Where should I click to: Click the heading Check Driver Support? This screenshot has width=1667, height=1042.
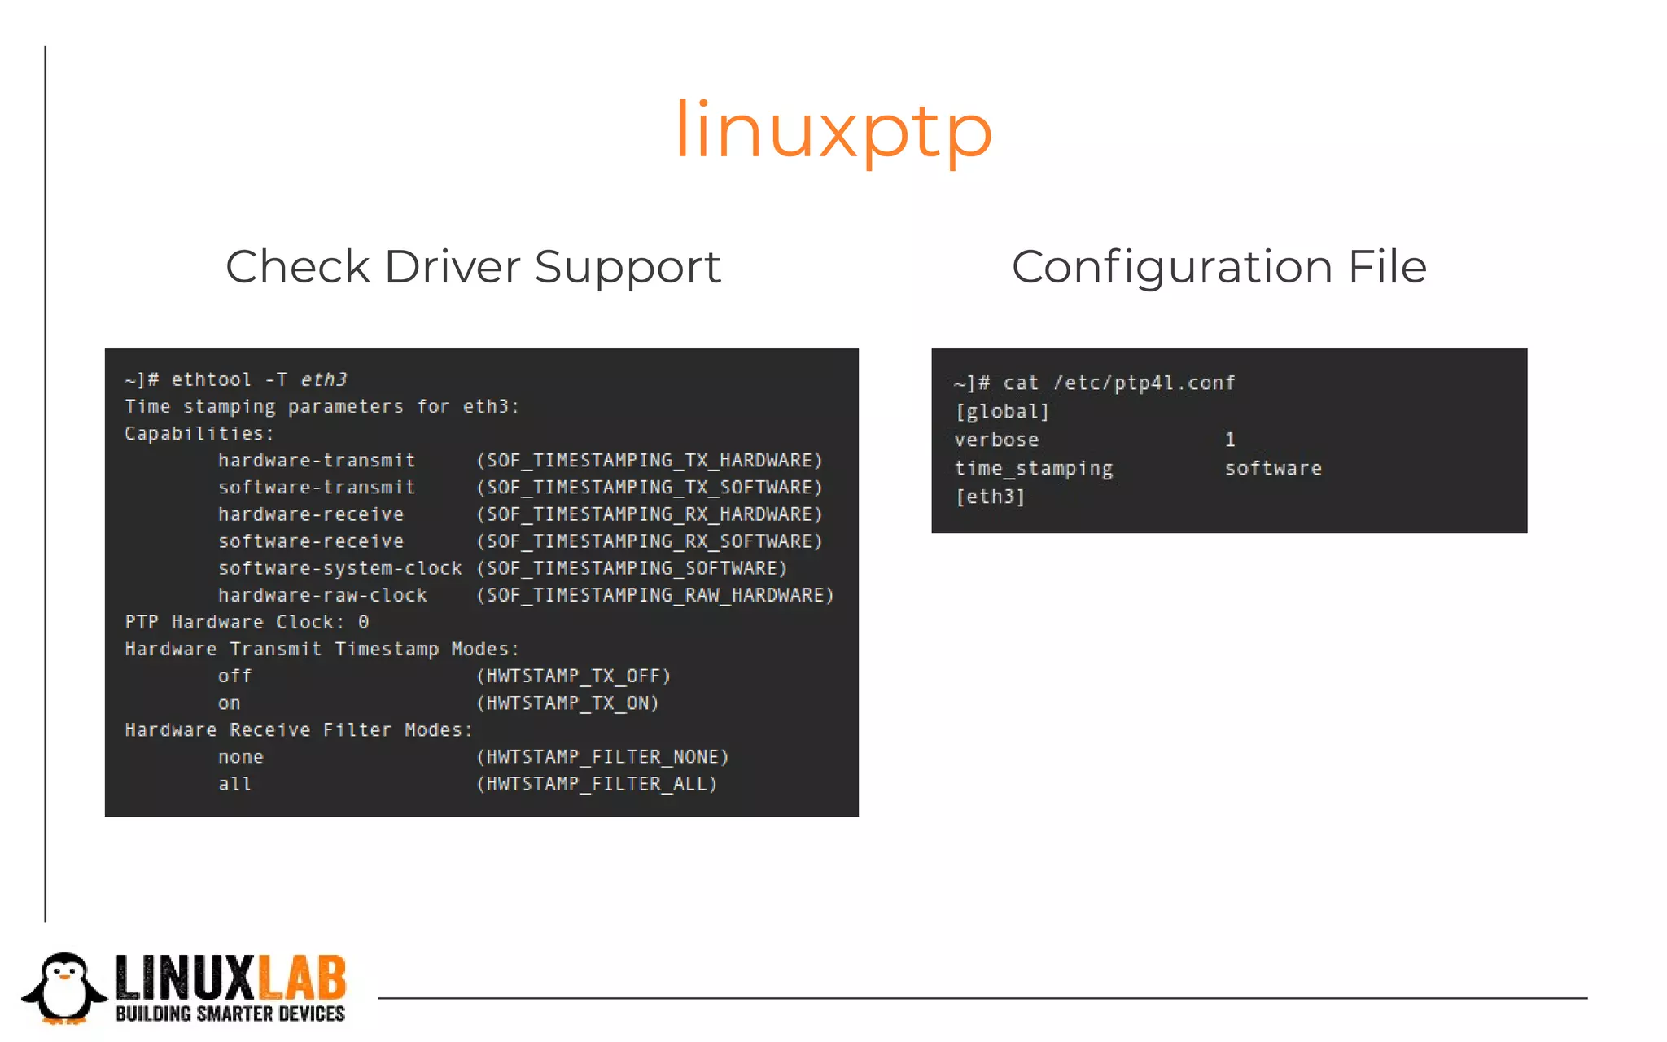tap(473, 267)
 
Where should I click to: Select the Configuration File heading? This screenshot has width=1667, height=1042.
tap(1219, 267)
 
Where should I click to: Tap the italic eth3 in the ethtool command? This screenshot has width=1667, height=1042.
tap(323, 380)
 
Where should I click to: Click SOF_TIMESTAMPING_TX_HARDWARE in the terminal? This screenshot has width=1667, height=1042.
tap(649, 461)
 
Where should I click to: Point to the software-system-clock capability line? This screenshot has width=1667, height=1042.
tap(339, 568)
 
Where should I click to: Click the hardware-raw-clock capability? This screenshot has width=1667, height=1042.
tap(322, 596)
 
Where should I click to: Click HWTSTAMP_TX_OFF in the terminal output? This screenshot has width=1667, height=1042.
tap(573, 676)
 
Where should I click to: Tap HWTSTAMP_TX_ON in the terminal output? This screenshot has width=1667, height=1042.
tap(567, 703)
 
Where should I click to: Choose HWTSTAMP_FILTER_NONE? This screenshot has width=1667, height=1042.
tap(602, 757)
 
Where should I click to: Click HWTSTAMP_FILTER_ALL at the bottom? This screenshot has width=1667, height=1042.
tap(597, 784)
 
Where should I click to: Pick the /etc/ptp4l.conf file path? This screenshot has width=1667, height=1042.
tap(1144, 383)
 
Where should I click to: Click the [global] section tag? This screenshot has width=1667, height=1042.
tap(1002, 412)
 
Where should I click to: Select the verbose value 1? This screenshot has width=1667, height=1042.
tap(1230, 440)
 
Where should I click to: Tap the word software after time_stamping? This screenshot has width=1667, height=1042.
tap(1273, 469)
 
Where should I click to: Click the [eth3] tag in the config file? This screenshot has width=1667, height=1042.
tap(990, 497)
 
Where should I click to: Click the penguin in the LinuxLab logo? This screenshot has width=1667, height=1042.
tap(64, 987)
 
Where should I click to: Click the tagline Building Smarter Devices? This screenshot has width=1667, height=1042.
tap(230, 1014)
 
